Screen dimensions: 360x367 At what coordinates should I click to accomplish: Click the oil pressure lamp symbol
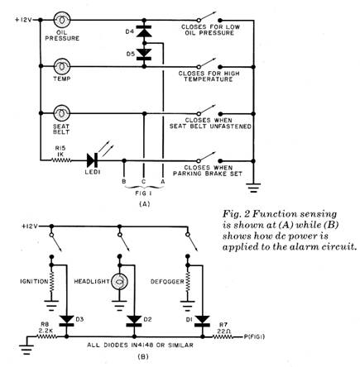tap(62, 20)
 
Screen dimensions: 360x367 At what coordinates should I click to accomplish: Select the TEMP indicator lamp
tap(62, 66)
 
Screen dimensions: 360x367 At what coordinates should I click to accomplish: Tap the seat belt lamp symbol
tap(62, 113)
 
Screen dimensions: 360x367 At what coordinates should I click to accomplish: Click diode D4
tap(144, 31)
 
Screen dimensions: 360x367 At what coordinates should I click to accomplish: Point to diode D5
tap(144, 54)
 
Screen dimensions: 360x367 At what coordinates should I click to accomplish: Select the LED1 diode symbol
tap(92, 160)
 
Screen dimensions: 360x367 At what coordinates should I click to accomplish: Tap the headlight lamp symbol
tap(119, 282)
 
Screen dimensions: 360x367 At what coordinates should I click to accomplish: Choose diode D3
tap(66, 321)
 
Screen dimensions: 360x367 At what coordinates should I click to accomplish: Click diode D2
tap(134, 321)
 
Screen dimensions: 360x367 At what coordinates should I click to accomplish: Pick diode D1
tap(202, 321)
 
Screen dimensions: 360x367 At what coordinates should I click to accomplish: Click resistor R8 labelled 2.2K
tap(46, 336)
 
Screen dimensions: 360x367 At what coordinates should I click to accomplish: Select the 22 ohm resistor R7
tap(223, 336)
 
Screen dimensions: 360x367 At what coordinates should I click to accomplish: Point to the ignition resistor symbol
tap(51, 282)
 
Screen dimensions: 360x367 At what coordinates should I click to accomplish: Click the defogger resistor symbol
tap(188, 282)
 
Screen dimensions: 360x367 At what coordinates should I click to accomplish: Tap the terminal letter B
tap(124, 182)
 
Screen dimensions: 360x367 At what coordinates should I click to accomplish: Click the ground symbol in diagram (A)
tap(253, 188)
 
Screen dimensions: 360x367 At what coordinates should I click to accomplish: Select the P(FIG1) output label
tap(254, 336)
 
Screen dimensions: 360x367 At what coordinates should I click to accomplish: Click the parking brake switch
tap(209, 158)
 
